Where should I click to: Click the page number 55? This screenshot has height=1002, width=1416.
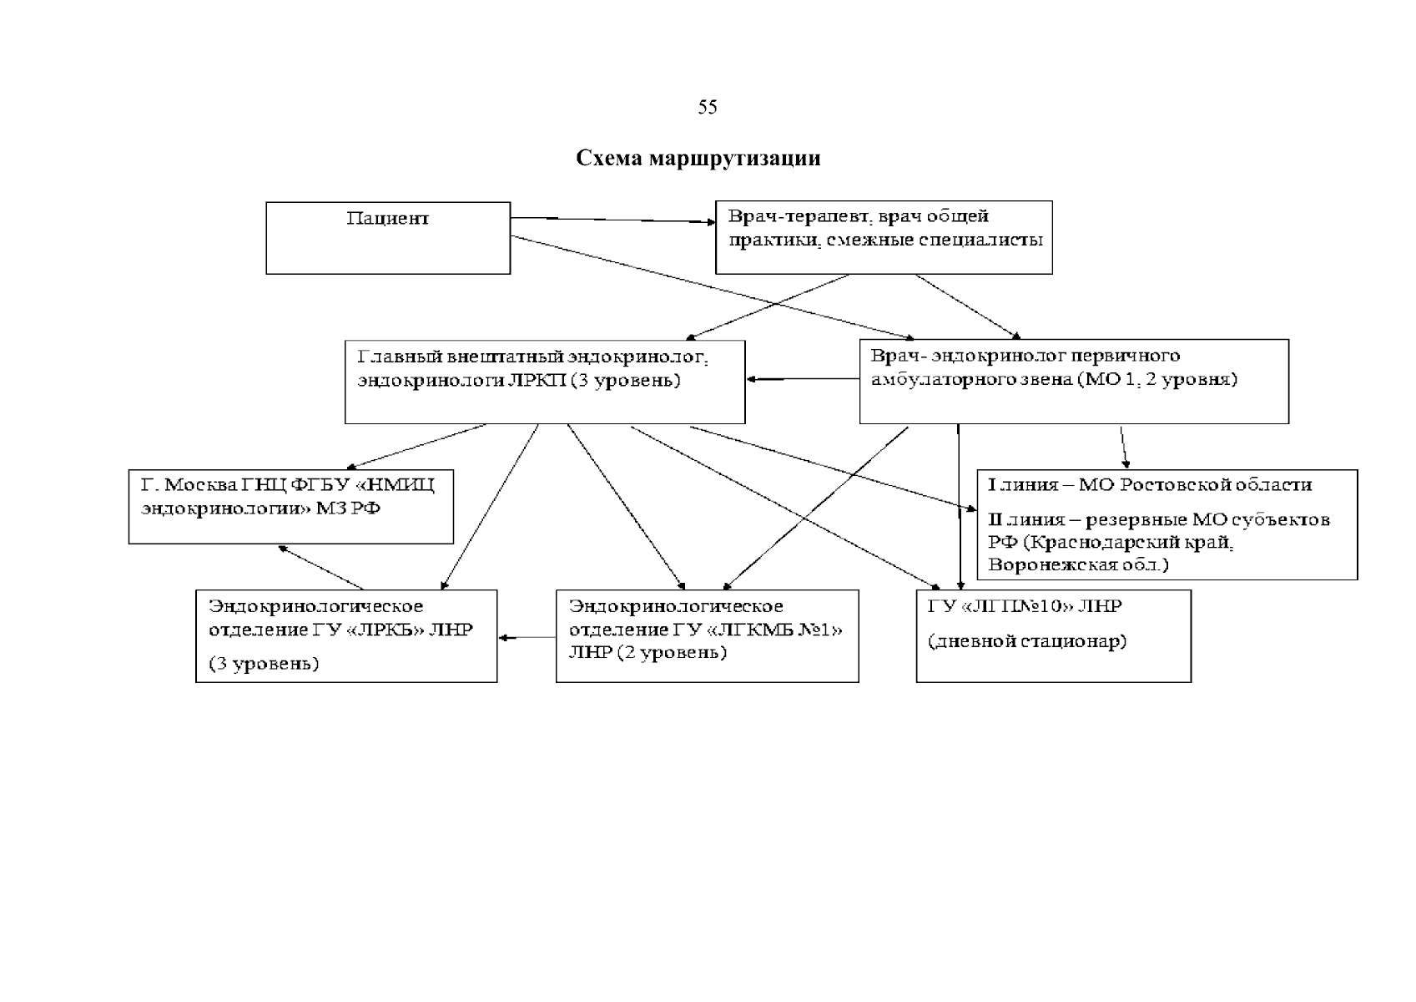pyautogui.click(x=707, y=108)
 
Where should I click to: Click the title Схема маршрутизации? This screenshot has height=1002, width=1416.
pyautogui.click(x=698, y=159)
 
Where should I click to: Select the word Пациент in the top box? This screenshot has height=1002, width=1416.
pyautogui.click(x=387, y=220)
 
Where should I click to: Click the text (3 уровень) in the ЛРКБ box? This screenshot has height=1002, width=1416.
pyautogui.click(x=264, y=665)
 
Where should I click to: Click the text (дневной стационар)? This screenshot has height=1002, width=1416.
pyautogui.click(x=1027, y=642)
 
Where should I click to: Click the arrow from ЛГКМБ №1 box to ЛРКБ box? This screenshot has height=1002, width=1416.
pyautogui.click(x=527, y=639)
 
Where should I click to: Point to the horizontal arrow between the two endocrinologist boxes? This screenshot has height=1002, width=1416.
pyautogui.click(x=803, y=380)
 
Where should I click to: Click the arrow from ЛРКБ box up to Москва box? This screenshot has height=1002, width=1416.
pyautogui.click(x=321, y=568)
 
